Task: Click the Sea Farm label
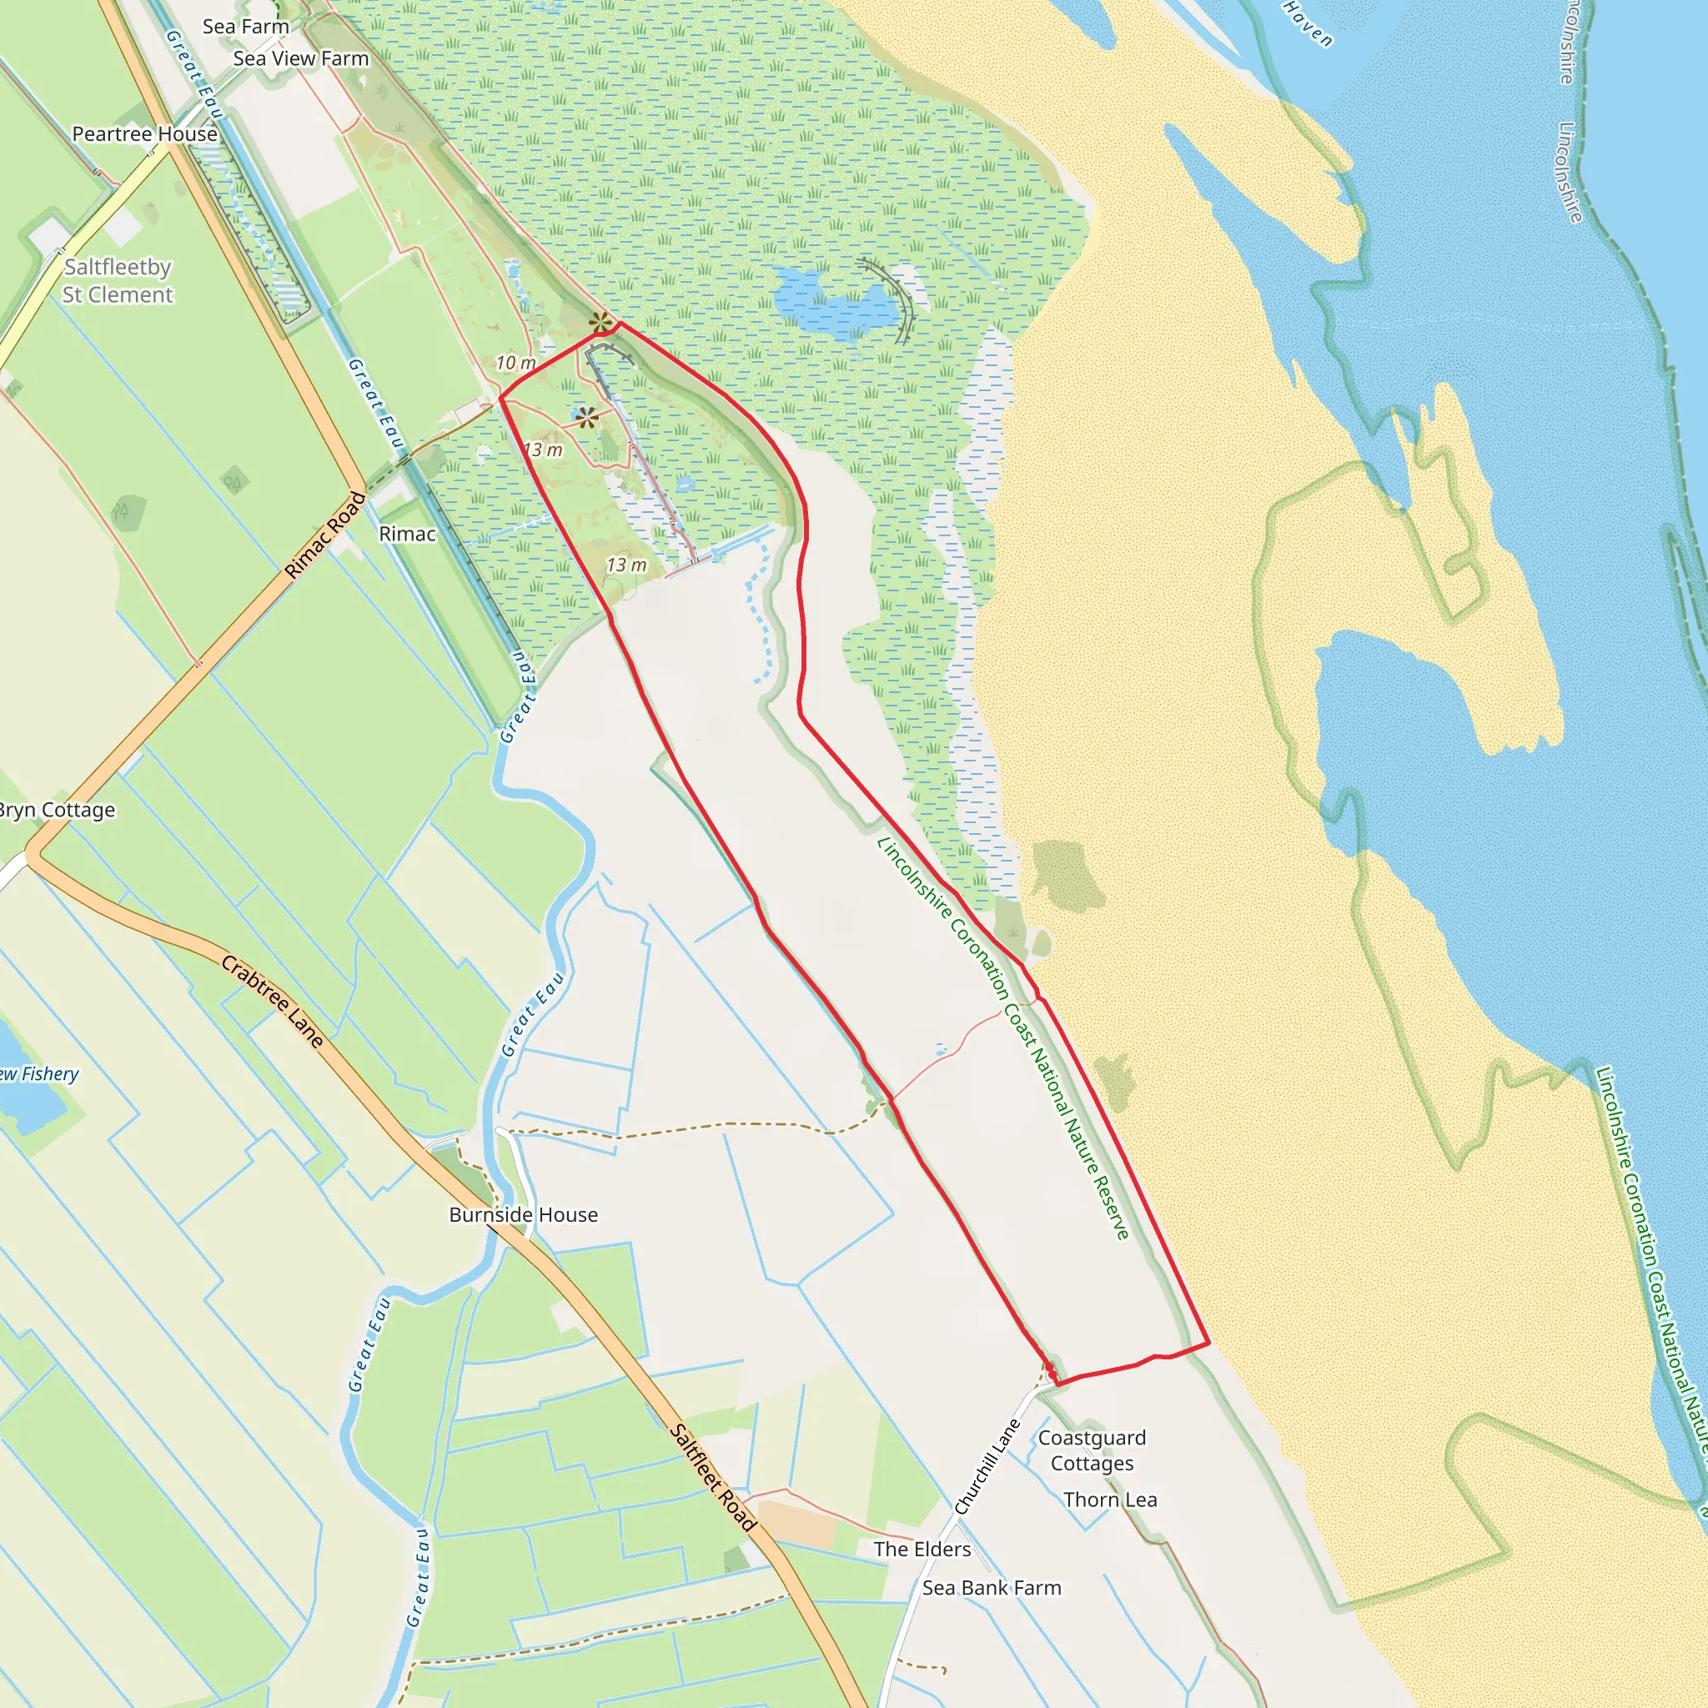(246, 27)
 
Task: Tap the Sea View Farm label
(300, 58)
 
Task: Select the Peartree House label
(145, 133)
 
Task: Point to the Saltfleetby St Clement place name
(118, 280)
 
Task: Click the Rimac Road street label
(325, 535)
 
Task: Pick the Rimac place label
(408, 534)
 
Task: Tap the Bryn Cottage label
(57, 810)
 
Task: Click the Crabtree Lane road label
(272, 1001)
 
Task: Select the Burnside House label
(524, 1214)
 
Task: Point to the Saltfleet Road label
(713, 1477)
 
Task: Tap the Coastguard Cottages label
(1092, 1449)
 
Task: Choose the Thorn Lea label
(1110, 1500)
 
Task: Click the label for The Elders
(922, 1549)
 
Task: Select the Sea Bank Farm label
(991, 1588)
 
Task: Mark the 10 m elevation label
(515, 363)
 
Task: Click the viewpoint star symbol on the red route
(600, 323)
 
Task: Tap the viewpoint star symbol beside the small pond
(588, 418)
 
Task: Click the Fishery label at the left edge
(40, 1074)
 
